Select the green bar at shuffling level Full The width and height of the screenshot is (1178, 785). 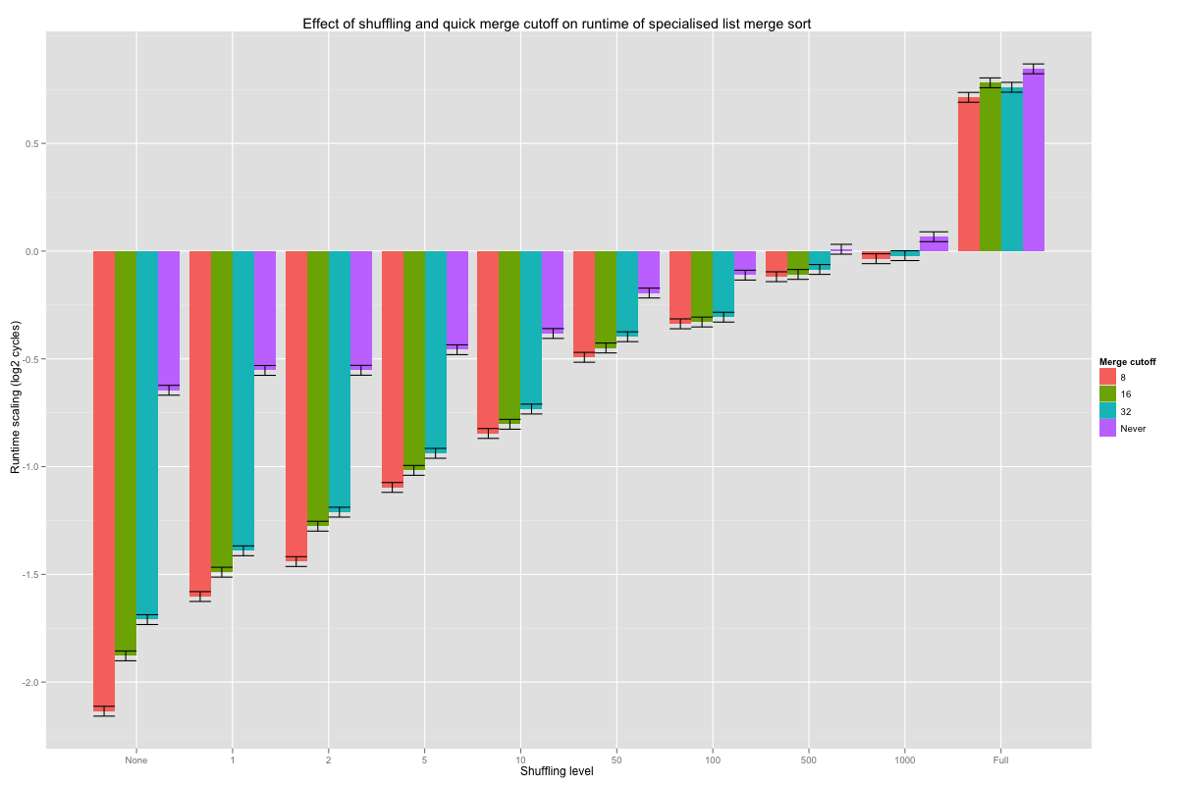click(991, 167)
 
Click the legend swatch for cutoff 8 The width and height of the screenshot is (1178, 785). click(1107, 377)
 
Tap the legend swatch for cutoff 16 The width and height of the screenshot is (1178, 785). click(1107, 393)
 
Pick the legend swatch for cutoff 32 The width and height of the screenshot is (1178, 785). click(1107, 411)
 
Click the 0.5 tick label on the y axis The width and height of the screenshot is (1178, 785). click(31, 143)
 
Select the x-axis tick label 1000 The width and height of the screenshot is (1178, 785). click(906, 759)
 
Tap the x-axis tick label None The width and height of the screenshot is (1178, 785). click(136, 759)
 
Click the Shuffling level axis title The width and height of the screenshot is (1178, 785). click(557, 771)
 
